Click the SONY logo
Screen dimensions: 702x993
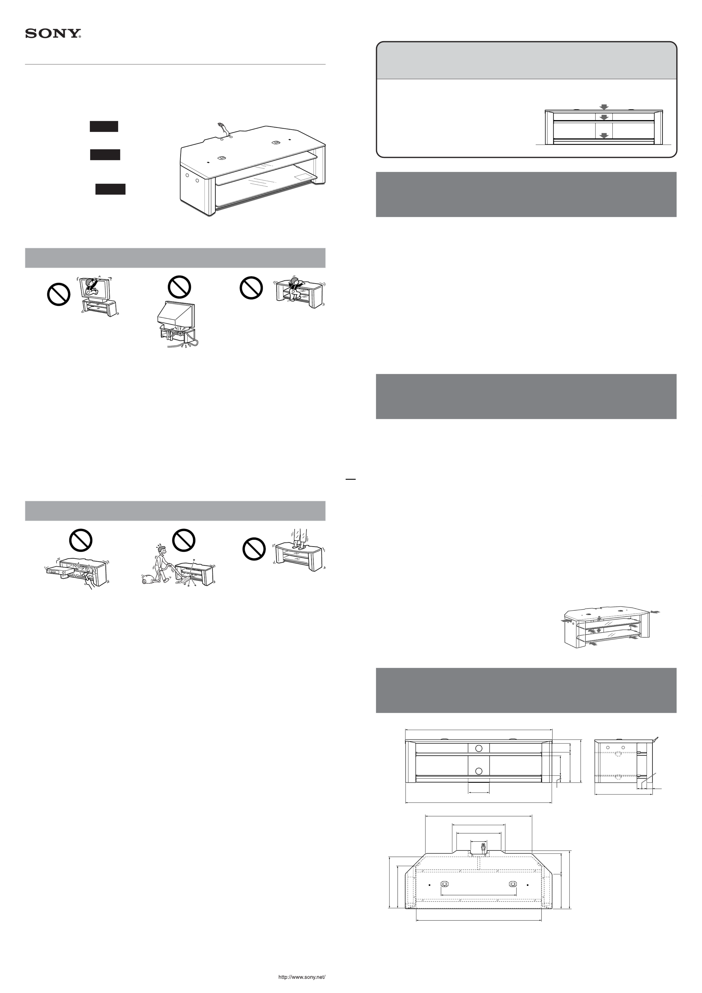click(53, 34)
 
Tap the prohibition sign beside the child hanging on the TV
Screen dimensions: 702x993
click(58, 295)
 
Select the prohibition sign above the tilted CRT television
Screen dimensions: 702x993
click(179, 287)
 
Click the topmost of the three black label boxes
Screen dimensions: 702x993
click(104, 126)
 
